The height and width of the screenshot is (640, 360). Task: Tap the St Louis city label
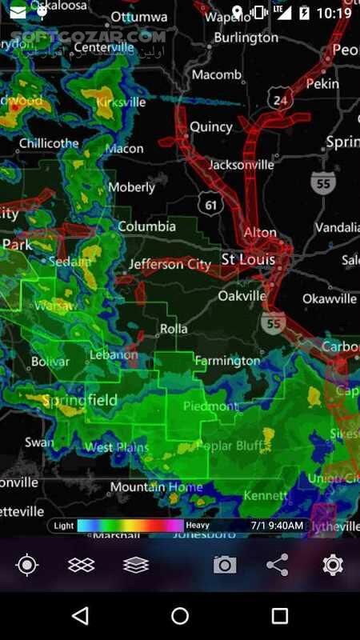pos(248,260)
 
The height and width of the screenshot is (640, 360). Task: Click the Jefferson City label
pos(170,264)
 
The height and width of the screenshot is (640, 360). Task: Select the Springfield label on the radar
pos(79,400)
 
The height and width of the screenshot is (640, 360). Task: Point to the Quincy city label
pos(210,126)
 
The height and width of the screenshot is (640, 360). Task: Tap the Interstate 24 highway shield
pos(278,100)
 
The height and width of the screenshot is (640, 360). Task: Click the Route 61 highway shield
pos(210,205)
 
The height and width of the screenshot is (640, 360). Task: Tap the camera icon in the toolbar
pos(225,565)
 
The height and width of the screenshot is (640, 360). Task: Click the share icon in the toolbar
pos(278,565)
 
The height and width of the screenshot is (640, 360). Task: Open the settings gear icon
pos(333,565)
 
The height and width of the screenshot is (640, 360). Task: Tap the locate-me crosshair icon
pos(27,565)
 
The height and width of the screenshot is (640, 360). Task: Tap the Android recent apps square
pos(279,615)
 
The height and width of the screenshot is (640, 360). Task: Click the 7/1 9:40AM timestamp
pos(277,526)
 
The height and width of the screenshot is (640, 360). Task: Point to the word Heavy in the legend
pos(198,526)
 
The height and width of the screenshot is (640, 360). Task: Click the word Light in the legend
pos(64,526)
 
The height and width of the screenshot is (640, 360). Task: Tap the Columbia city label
pos(146,226)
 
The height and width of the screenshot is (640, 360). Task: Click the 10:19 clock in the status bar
pos(334,14)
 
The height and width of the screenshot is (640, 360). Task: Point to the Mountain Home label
pos(156,487)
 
